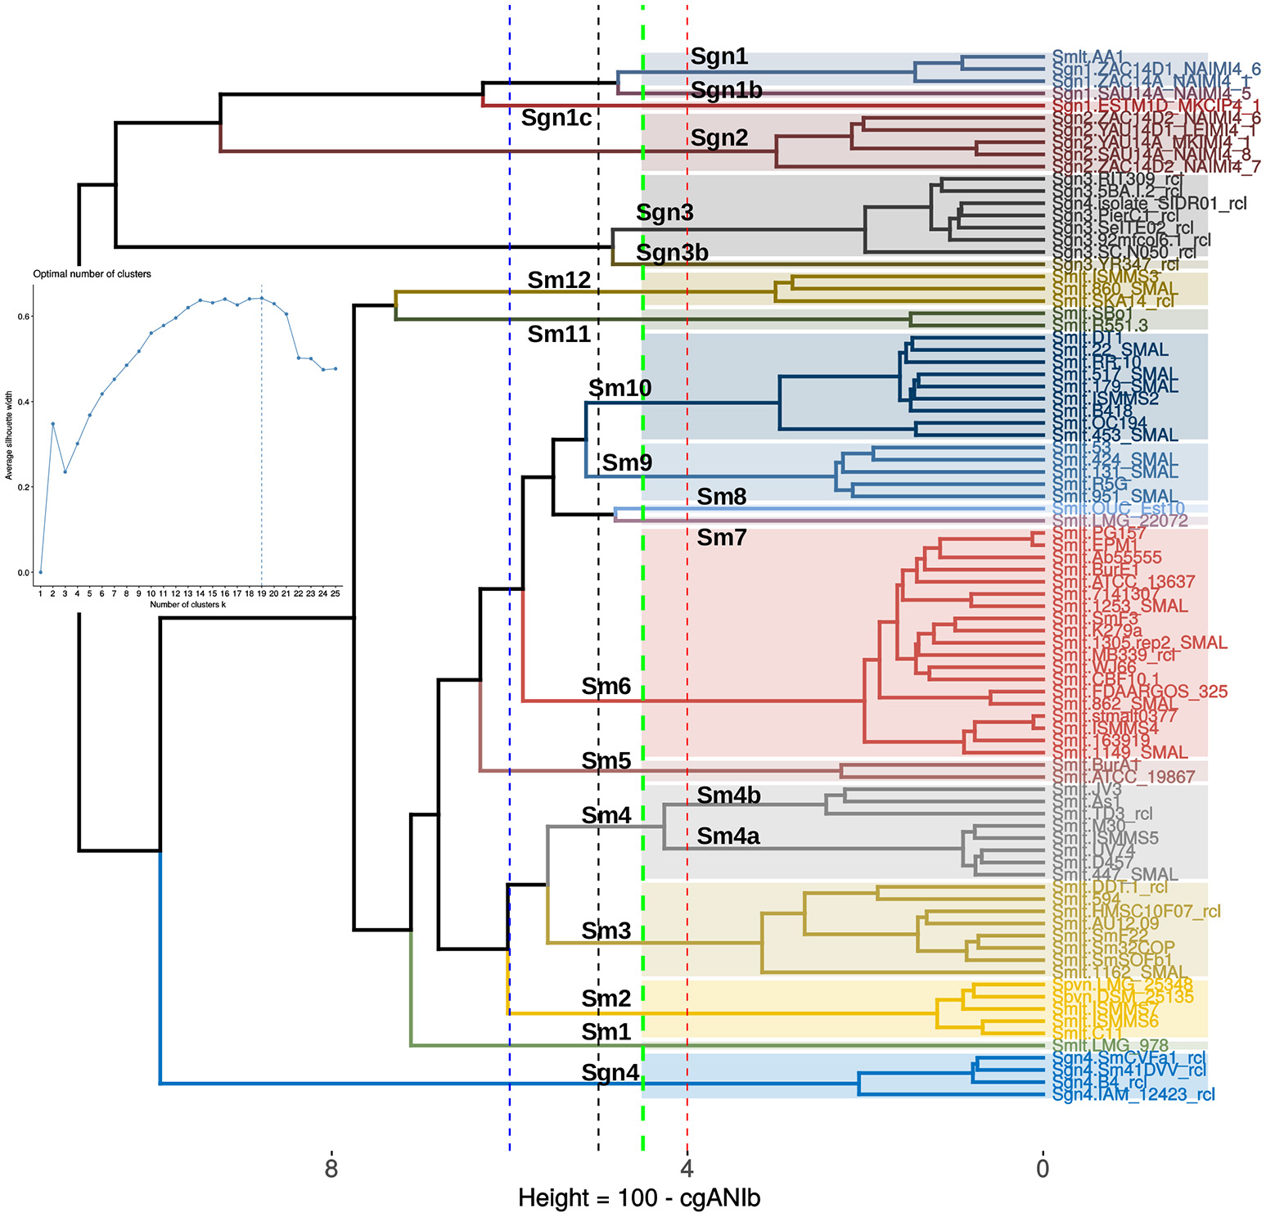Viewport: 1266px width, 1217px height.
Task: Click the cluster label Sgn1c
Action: [556, 119]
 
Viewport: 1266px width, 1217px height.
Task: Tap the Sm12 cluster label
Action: [558, 281]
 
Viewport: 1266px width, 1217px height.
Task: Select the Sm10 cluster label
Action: [619, 388]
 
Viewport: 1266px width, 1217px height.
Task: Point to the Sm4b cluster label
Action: [728, 796]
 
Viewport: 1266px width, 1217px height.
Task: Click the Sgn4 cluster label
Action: [610, 1073]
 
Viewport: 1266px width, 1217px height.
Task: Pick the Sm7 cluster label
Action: [721, 538]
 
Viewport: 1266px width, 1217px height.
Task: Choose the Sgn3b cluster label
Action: [672, 253]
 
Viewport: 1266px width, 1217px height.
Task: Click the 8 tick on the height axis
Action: [331, 1169]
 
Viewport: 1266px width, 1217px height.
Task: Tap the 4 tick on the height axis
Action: [687, 1169]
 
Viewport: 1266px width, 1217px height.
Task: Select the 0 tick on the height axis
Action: [1043, 1169]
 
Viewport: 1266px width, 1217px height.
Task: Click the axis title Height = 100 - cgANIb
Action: [639, 1198]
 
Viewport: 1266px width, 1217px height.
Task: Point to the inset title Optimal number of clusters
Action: [92, 274]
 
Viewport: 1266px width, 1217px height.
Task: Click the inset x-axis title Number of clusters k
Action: [187, 605]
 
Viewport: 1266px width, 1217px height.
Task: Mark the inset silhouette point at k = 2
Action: [52, 424]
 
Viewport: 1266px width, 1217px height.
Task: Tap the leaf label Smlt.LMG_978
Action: [1110, 1045]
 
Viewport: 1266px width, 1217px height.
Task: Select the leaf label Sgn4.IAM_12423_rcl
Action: [1133, 1095]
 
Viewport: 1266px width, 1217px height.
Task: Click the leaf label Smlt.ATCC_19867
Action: [1124, 777]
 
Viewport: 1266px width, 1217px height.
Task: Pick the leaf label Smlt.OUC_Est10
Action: [1118, 509]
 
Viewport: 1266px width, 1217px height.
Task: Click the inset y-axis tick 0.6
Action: [25, 317]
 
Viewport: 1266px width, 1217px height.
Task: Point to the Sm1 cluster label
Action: [606, 1033]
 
